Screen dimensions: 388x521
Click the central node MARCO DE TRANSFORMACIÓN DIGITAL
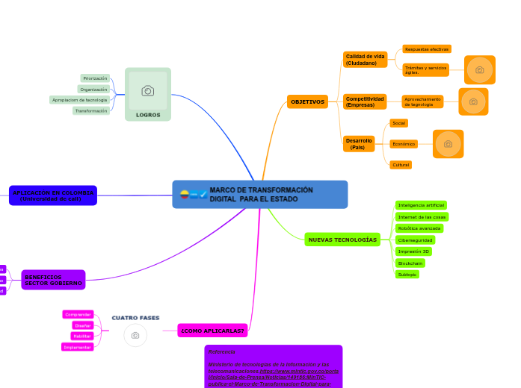[260, 194]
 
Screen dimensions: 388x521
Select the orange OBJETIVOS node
[307, 101]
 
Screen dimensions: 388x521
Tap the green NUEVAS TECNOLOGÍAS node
[342, 240]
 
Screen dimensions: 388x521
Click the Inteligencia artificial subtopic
[421, 205]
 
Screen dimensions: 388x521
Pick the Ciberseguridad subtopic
[416, 240]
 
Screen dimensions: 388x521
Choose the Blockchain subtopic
[410, 263]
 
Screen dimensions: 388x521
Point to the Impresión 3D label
[413, 251]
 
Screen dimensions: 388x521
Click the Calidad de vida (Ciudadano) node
[365, 60]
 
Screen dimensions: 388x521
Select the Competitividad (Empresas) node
[365, 101]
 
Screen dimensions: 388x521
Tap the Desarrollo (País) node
[359, 143]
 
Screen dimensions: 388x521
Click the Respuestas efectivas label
[426, 49]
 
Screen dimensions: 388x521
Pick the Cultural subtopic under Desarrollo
[400, 164]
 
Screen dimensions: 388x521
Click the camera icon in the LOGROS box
[148, 91]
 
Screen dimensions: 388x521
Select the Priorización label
[95, 78]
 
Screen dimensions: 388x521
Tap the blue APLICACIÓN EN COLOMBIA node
[53, 195]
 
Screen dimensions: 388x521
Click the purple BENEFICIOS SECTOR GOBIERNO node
[54, 280]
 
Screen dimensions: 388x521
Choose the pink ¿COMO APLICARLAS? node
[212, 330]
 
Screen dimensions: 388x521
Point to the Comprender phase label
[78, 315]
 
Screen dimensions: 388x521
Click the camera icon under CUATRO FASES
[135, 336]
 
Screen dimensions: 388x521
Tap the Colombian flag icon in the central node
[185, 195]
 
